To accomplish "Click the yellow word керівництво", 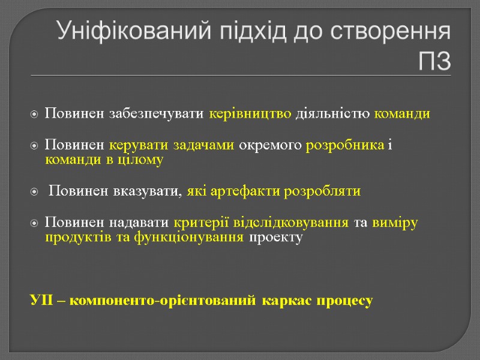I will (251, 114).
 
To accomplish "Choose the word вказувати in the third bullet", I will (146, 192).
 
